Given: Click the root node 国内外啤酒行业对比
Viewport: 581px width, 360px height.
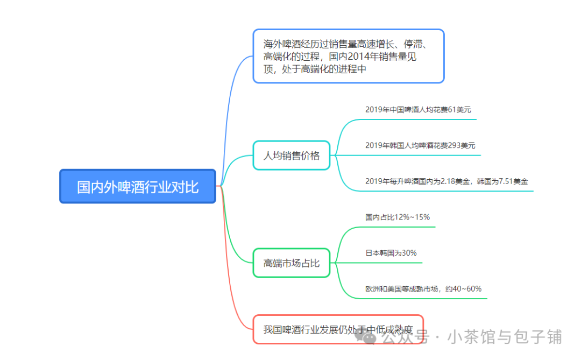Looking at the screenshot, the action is click(x=138, y=187).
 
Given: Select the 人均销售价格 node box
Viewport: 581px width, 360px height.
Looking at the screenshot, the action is click(x=291, y=156).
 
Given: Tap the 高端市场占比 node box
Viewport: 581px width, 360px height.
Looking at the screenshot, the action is click(x=291, y=263).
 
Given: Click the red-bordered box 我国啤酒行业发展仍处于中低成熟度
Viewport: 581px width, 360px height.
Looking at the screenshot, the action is click(x=338, y=329).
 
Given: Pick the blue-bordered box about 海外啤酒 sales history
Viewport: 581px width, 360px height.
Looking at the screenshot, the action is click(x=348, y=56).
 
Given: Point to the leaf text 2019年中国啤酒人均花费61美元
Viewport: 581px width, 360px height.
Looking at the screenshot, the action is click(x=417, y=109).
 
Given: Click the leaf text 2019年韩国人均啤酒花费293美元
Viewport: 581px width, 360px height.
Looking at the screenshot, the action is click(x=420, y=145).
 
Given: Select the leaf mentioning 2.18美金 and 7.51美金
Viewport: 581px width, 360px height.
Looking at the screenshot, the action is click(x=446, y=181).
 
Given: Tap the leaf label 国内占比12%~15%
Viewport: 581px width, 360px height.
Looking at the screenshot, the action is click(x=397, y=217).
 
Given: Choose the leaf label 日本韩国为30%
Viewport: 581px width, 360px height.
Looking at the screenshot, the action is click(x=391, y=253).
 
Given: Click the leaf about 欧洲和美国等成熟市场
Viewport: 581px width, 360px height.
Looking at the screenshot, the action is click(x=423, y=289).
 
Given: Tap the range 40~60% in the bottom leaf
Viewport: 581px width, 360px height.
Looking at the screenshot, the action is click(x=467, y=289).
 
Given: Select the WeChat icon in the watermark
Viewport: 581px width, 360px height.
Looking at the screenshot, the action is click(x=371, y=337).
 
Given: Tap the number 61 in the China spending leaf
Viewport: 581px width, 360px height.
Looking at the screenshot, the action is click(x=452, y=109).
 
